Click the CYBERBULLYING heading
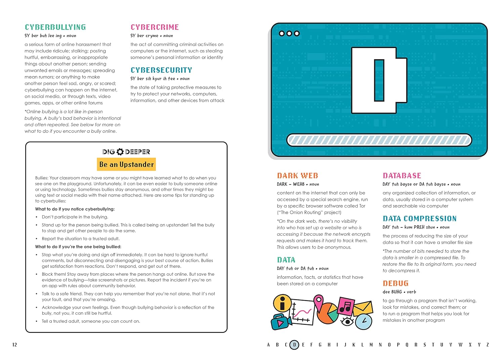(55, 27)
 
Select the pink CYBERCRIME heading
(155, 27)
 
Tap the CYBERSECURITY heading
(161, 70)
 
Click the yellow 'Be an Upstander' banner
(126, 165)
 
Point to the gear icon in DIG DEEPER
(120, 152)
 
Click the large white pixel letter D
(379, 80)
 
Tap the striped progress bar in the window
(379, 140)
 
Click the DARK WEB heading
(297, 176)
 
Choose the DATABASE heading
(402, 176)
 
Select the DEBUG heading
(395, 283)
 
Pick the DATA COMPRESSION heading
(419, 219)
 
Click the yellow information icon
(282, 304)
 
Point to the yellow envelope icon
(363, 308)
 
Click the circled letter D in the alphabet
(294, 345)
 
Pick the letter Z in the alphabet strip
(488, 345)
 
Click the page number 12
(14, 345)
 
